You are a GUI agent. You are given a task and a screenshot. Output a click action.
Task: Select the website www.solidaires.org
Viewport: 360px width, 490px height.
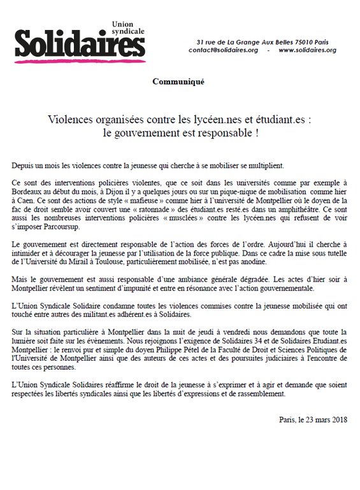(307, 50)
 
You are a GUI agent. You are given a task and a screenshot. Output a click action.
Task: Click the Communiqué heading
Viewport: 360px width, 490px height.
(178, 82)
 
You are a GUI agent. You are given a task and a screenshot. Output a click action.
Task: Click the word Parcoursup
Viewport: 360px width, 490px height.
(53, 226)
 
